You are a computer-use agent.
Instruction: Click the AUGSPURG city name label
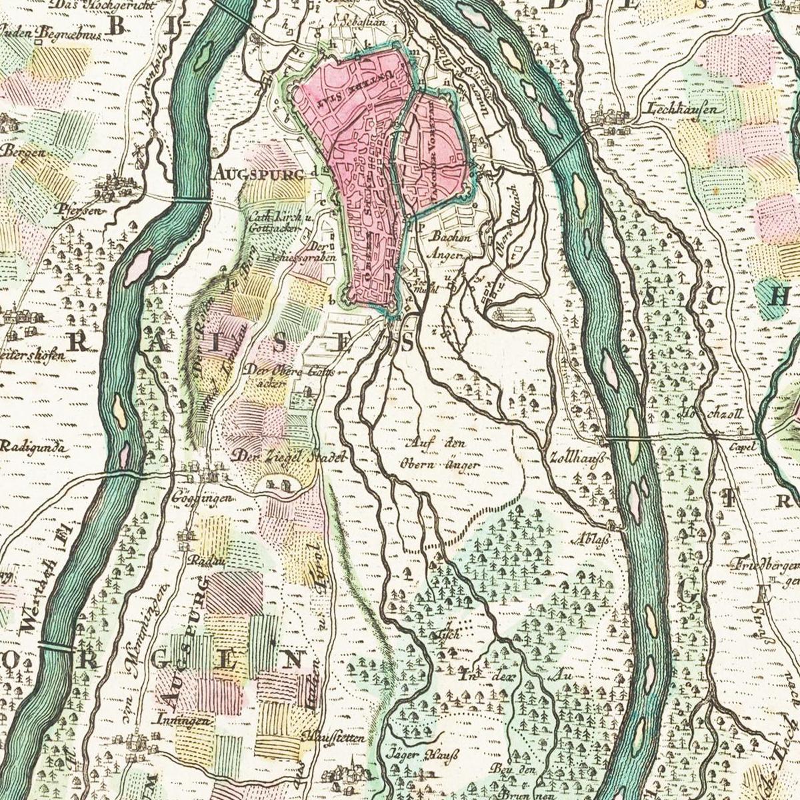tap(261, 172)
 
